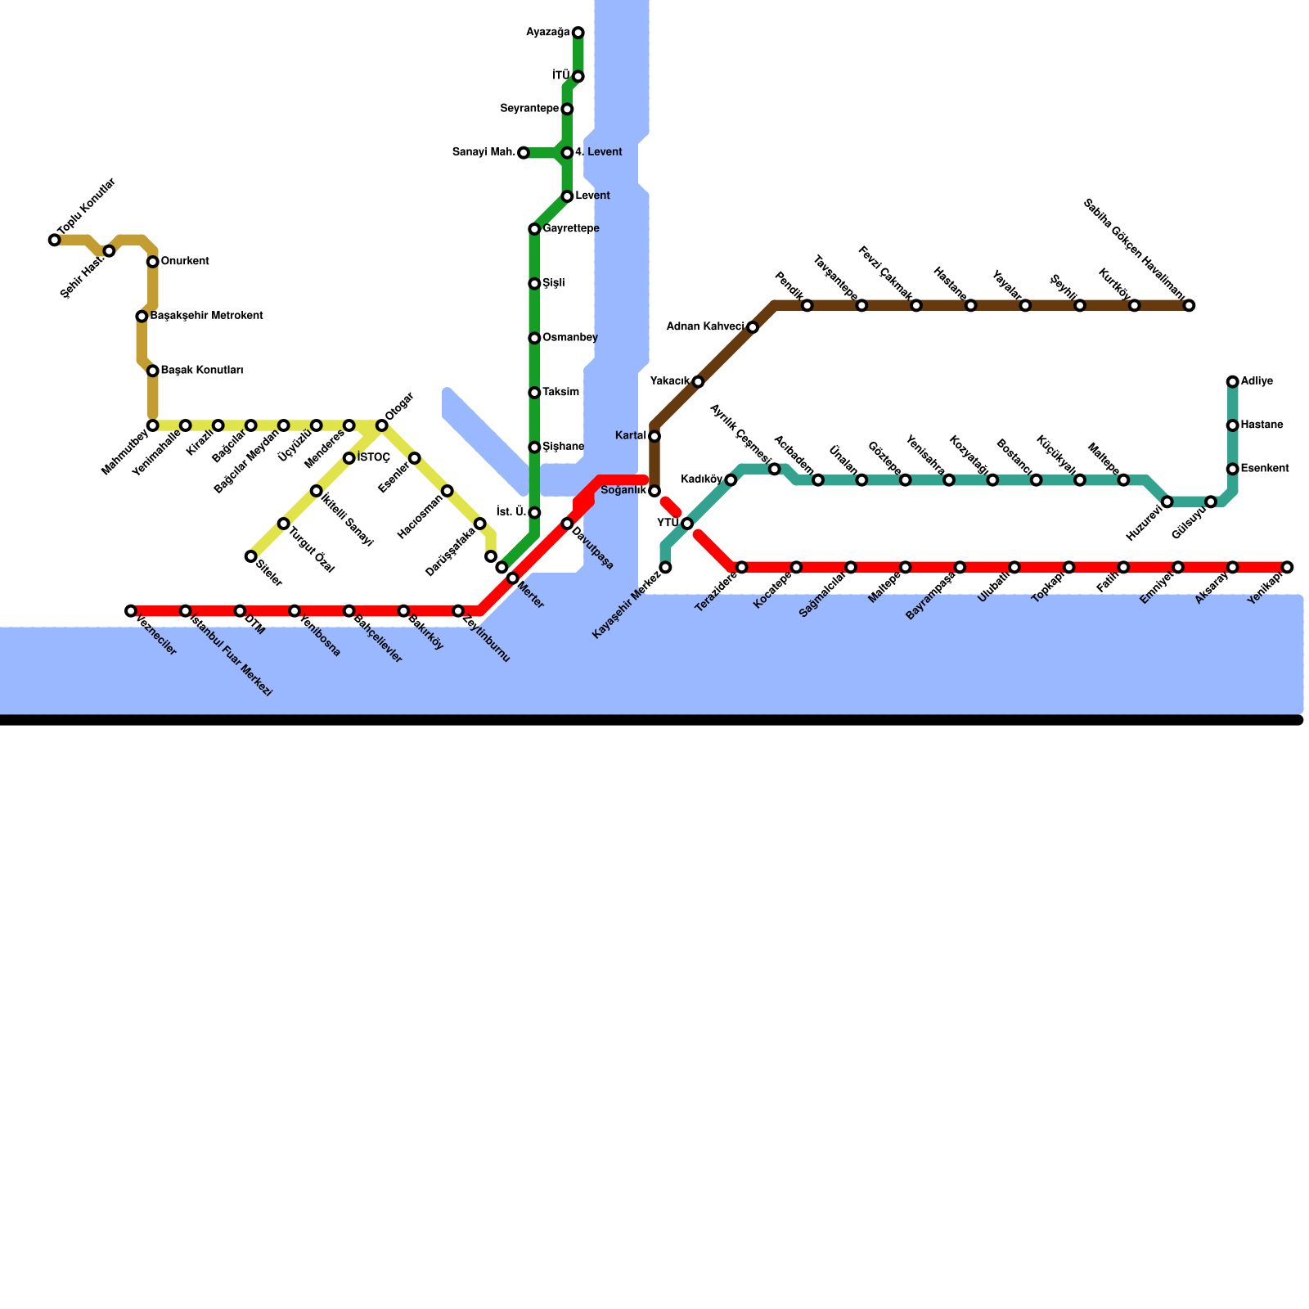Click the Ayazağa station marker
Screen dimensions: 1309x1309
578,33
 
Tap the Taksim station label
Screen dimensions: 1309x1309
560,393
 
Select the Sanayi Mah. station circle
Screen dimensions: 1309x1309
524,153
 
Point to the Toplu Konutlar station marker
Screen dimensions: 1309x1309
54,240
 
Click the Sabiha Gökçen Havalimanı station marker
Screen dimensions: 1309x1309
1189,306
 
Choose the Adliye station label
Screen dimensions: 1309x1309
1257,381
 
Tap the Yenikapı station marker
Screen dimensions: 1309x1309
1287,567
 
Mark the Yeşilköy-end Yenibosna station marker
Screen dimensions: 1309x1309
295,611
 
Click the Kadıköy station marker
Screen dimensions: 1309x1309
731,480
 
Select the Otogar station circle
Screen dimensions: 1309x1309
381,425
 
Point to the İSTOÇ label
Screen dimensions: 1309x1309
374,458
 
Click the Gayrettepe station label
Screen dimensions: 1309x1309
571,229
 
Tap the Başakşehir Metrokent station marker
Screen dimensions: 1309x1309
142,316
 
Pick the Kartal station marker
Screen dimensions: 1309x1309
654,436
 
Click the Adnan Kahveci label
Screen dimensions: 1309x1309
706,327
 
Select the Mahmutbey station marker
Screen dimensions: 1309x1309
152,425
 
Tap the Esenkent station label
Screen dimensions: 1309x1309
1265,469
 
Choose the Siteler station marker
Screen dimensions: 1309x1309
250,556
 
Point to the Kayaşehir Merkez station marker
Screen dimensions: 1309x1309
665,567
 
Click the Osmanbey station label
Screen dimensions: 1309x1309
569,338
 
